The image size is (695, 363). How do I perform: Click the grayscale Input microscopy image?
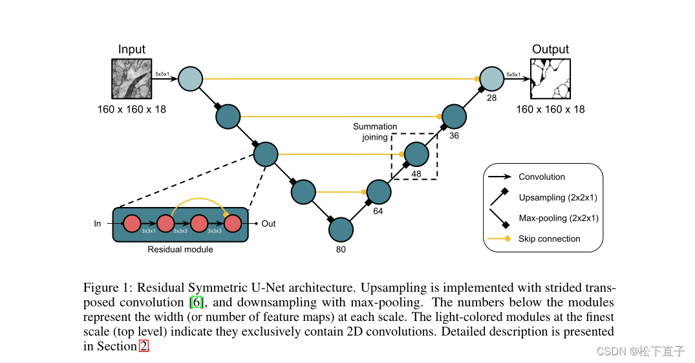tap(131, 78)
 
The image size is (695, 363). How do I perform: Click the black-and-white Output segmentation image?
tap(550, 78)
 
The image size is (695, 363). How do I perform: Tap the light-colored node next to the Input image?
tap(190, 78)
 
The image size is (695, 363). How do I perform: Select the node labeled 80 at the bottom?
tap(341, 229)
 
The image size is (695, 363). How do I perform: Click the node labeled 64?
tap(379, 192)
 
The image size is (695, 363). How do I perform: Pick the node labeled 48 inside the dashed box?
tap(416, 154)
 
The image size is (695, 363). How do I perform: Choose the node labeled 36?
tap(454, 116)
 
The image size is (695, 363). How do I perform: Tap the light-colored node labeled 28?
tap(491, 78)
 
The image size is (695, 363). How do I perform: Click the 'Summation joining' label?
tap(375, 132)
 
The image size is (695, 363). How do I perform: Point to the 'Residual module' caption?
tap(180, 249)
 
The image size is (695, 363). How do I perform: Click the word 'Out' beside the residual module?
tap(268, 224)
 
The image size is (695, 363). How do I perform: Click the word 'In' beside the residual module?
tap(98, 224)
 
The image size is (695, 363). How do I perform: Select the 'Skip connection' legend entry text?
tap(549, 239)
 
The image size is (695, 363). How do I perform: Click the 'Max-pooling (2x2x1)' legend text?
tap(559, 218)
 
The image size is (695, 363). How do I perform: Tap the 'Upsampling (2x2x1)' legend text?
tap(558, 197)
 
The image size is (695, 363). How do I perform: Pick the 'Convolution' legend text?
tap(541, 177)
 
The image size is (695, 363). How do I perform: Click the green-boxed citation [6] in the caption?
tap(197, 302)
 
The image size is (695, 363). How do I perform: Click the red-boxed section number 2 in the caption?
tap(144, 346)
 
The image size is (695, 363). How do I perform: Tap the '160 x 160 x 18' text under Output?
tap(550, 109)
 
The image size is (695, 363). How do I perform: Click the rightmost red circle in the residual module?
tap(232, 224)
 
